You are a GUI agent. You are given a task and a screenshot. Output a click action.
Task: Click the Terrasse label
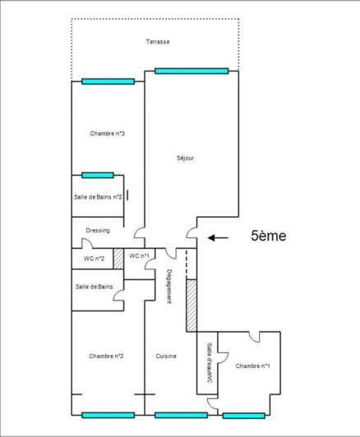click(158, 42)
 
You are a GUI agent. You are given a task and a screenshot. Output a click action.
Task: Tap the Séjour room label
click(185, 159)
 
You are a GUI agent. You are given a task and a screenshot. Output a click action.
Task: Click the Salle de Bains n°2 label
click(98, 197)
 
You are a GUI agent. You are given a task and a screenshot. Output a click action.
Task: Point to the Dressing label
click(98, 231)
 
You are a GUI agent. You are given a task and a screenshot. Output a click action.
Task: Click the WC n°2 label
click(94, 259)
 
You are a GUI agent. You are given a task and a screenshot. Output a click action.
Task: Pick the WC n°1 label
click(139, 256)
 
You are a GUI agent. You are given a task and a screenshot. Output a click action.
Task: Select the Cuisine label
click(166, 356)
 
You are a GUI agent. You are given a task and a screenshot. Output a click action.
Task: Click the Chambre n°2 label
click(107, 356)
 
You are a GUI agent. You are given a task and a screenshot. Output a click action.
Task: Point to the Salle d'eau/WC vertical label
click(210, 362)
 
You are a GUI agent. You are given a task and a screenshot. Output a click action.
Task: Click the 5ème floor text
click(268, 237)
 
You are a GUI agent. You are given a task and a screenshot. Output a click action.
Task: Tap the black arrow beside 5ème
click(217, 238)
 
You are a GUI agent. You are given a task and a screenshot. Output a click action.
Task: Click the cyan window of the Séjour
click(191, 71)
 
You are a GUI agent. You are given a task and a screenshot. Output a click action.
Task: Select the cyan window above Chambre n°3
click(108, 80)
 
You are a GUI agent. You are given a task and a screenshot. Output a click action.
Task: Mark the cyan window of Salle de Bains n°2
click(97, 174)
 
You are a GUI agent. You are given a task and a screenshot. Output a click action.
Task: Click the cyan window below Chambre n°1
click(244, 416)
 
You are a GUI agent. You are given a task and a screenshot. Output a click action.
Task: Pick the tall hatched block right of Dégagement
click(192, 306)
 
